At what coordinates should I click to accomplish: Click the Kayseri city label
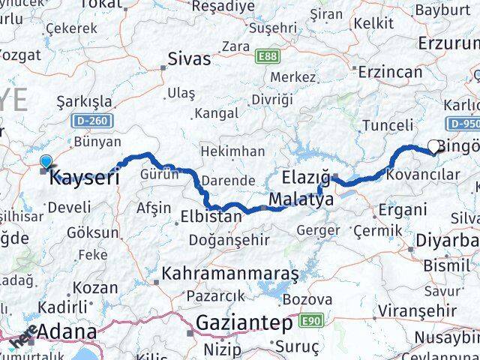tap(84, 178)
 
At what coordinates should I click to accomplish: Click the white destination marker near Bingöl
tap(434, 147)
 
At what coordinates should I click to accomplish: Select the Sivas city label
tap(189, 58)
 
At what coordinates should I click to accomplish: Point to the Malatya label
tap(301, 200)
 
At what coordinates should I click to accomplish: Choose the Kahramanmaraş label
tap(229, 274)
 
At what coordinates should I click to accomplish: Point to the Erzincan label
tap(390, 71)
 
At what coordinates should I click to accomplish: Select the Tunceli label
tap(387, 125)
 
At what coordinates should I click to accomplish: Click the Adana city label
tap(67, 331)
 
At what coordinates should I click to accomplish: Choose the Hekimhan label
tap(232, 151)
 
